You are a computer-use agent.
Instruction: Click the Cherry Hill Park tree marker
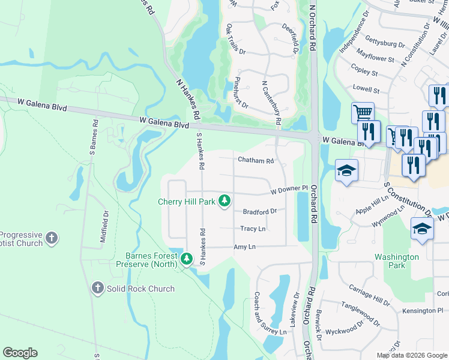point(224,200)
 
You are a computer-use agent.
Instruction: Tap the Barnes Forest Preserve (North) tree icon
point(187,259)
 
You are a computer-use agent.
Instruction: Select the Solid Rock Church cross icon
point(97,289)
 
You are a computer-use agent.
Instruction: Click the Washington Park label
point(397,260)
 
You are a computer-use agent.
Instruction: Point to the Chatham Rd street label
point(256,161)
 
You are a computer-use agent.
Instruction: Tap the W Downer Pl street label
point(289,190)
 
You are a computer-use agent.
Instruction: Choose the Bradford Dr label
point(259,211)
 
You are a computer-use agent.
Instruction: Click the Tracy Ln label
point(253,229)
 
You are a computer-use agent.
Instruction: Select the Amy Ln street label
point(244,247)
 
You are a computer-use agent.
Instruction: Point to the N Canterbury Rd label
point(272,103)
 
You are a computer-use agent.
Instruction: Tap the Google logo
point(20,353)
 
